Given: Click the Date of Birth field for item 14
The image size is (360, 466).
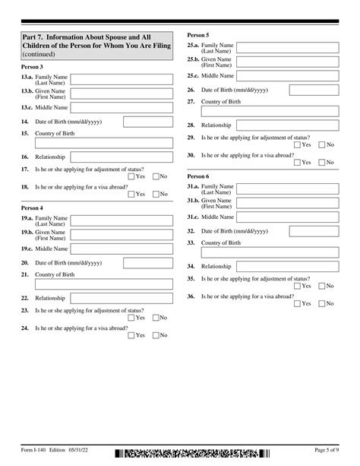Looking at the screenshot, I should (146, 122).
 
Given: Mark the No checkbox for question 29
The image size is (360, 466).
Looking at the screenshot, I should (321, 144).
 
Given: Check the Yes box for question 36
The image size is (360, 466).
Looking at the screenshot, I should (297, 303).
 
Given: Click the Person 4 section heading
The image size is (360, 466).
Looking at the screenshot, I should (32, 208).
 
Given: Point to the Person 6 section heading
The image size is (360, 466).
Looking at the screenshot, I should (197, 176).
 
